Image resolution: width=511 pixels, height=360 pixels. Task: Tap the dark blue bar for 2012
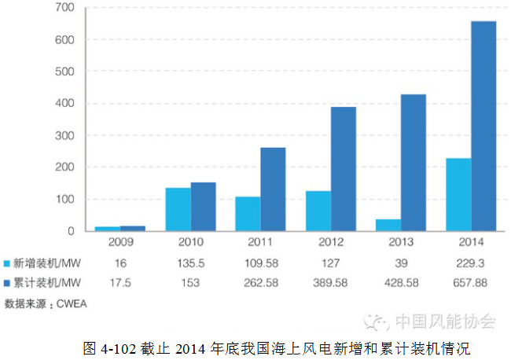343,169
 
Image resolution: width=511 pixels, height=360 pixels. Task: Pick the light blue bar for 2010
178,209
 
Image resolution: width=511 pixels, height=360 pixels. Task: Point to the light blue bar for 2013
388,225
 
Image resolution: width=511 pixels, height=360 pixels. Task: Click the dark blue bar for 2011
273,189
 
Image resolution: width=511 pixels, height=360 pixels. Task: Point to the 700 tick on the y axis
64,8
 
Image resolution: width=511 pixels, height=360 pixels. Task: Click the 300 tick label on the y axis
64,136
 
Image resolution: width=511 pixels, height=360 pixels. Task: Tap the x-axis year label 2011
260,243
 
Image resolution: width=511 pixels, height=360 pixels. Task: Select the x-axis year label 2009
119,243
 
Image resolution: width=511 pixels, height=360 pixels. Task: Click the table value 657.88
471,283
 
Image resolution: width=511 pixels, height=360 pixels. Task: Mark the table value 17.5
119,283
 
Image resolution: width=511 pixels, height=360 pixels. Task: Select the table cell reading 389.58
330,283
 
